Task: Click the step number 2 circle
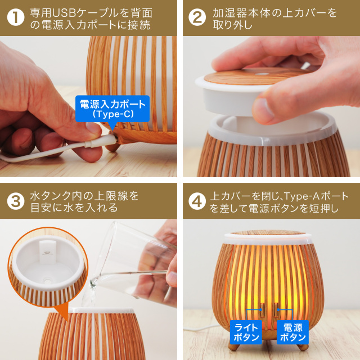[x=196, y=17]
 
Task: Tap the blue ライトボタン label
[x=246, y=332]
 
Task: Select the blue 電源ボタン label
[x=292, y=332]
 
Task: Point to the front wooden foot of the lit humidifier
[x=270, y=345]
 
